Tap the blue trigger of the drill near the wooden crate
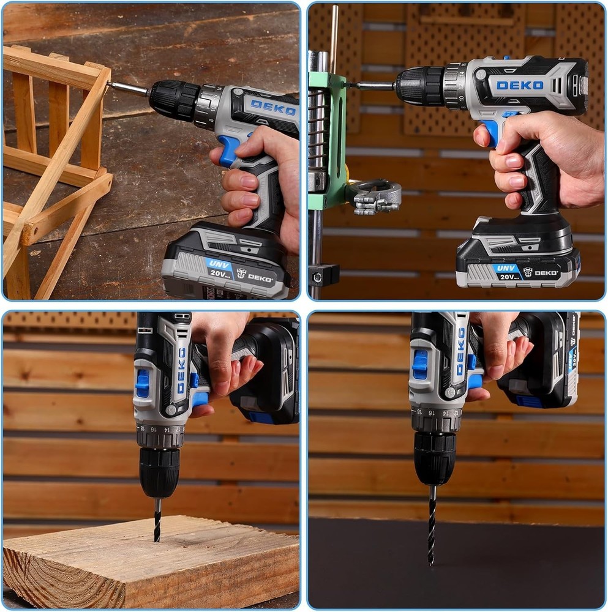click(228, 151)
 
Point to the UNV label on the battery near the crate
click(217, 264)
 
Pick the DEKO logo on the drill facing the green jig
click(519, 85)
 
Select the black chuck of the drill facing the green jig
click(419, 86)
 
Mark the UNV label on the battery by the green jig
click(505, 267)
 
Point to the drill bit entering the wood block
click(157, 520)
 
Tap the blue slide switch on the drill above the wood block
click(142, 383)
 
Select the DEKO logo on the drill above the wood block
click(181, 370)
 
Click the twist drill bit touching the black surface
click(432, 523)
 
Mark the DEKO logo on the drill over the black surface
click(460, 351)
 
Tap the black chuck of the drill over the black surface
click(435, 458)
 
